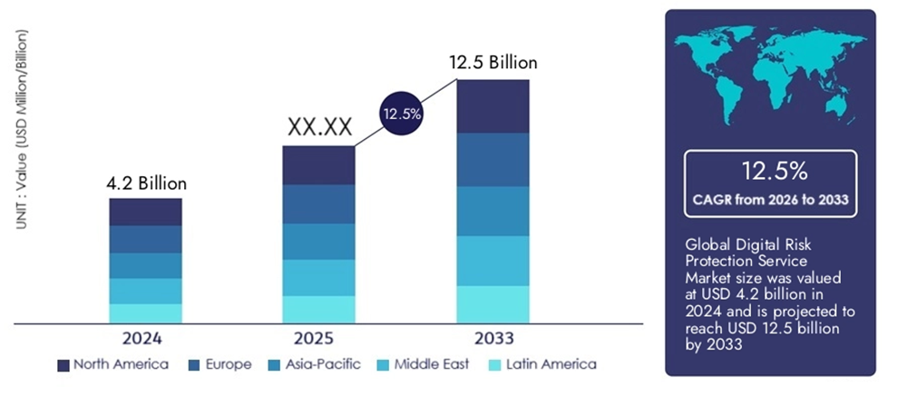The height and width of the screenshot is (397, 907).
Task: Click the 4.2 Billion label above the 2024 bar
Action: coord(146,184)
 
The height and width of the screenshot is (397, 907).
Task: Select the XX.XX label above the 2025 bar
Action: coord(319,128)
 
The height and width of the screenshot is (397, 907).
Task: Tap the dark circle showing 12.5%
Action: coord(401,114)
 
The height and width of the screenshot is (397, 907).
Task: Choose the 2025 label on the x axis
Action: coord(318,339)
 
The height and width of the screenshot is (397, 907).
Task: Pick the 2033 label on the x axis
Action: coord(493,339)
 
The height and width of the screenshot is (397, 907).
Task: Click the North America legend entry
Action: coord(112,365)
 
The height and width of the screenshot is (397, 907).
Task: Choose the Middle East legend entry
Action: coord(427,365)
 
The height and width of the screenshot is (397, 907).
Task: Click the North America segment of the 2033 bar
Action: coord(493,106)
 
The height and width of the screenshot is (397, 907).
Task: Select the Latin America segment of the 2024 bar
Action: coord(145,313)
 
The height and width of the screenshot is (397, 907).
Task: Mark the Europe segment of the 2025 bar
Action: coord(318,204)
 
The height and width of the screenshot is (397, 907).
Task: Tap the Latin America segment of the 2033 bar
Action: coord(493,303)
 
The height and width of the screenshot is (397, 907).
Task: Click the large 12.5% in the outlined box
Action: coord(770,171)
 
